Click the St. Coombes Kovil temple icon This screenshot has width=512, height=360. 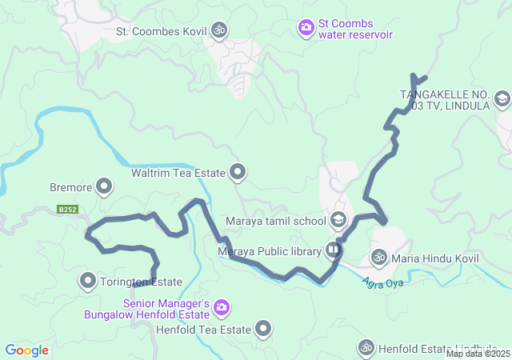[x=219, y=31]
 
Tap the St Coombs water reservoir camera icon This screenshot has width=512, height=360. [x=306, y=29]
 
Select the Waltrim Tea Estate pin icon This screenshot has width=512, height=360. [x=238, y=171]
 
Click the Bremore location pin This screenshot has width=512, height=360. [x=104, y=188]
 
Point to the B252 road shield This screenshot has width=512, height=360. [x=67, y=210]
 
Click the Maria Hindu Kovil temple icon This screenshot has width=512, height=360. [x=378, y=258]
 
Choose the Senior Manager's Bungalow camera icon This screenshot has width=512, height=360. [x=222, y=306]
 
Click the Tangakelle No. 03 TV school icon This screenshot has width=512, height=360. [x=502, y=99]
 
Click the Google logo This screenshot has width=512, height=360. [x=26, y=350]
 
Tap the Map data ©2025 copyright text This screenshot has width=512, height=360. [x=478, y=354]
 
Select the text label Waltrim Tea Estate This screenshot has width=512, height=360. [x=178, y=172]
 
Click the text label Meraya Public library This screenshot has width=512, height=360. [x=269, y=252]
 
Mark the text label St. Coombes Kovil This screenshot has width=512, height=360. [x=161, y=32]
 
